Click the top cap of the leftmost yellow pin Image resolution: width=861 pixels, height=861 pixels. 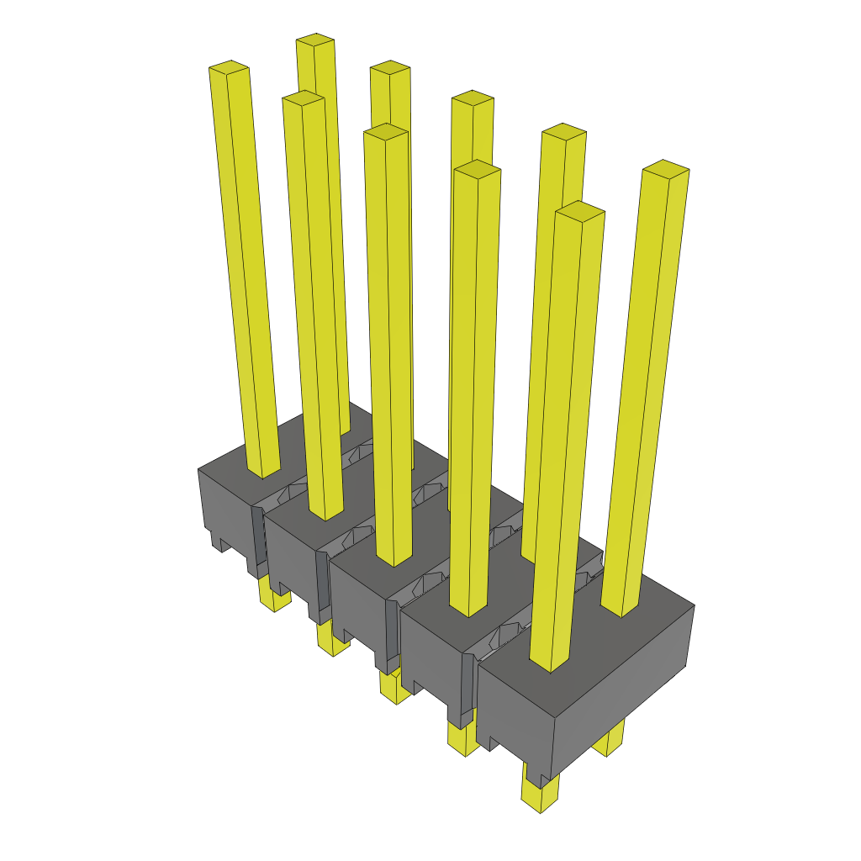coord(229,66)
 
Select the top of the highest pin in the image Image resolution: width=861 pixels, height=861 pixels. coord(315,40)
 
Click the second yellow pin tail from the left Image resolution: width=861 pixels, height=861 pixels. coord(334,642)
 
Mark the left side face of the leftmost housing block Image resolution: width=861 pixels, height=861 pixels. coord(225,513)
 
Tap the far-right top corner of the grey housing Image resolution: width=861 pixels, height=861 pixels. coord(694,605)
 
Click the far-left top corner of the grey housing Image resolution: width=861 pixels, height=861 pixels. coord(198,469)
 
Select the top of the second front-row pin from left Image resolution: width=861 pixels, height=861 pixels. coord(304,98)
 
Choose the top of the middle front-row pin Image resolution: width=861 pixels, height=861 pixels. coord(386,131)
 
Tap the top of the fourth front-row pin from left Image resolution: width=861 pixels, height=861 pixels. coord(477,169)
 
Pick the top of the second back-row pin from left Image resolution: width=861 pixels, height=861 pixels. coord(390,67)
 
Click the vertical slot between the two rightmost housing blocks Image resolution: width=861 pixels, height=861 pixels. coord(468,689)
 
